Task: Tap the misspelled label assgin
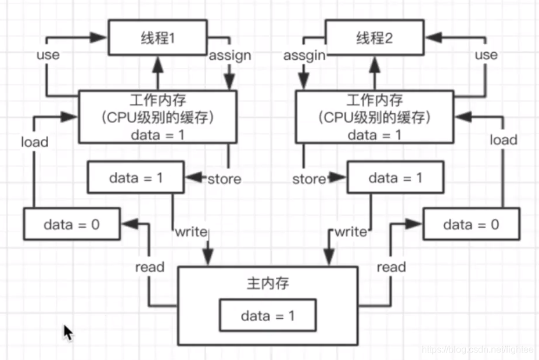[x=304, y=55]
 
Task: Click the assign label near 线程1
[x=229, y=55]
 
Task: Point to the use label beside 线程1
[x=48, y=55]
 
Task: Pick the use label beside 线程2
[x=486, y=55]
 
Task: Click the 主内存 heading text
[x=268, y=284]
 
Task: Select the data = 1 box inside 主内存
[x=268, y=316]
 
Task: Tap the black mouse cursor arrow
[x=68, y=333]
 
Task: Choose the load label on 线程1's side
[x=34, y=141]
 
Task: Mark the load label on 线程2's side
[x=503, y=140]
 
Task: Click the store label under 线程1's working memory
[x=224, y=179]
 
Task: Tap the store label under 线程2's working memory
[x=308, y=179]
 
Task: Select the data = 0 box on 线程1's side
[x=71, y=224]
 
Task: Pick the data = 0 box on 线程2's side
[x=470, y=224]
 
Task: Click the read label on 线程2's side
[x=391, y=267]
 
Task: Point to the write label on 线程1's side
[x=191, y=232]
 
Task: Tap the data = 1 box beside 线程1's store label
[x=136, y=178]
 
